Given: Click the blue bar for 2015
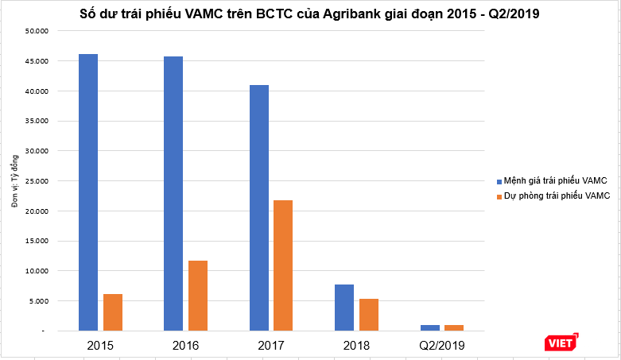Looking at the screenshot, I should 88,192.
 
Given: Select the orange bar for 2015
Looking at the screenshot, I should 113,312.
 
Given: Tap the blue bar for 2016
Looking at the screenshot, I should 173,193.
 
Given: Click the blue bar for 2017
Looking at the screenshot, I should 258,207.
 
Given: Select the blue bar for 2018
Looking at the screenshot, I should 344,307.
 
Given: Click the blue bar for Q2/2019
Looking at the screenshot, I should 429,327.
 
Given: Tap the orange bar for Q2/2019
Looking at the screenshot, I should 454,327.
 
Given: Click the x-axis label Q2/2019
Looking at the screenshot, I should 441,346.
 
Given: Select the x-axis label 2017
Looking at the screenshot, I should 271,346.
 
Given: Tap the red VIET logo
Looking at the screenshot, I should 561,343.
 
